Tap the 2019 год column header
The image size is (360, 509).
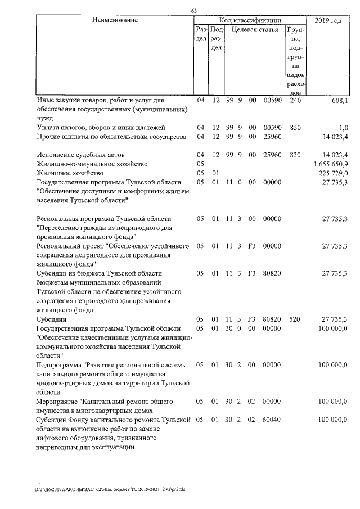coord(328,20)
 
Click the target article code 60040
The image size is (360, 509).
coord(272,420)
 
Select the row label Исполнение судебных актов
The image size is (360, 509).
coord(80,154)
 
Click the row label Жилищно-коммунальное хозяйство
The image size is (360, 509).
coord(92,163)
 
